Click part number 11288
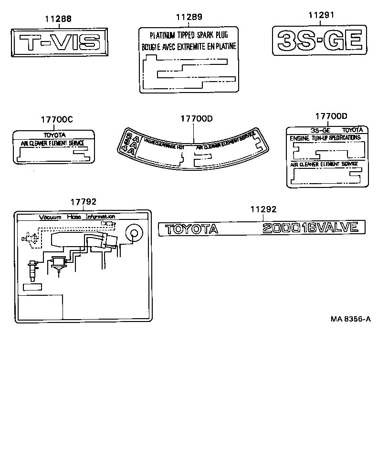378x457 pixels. [x=58, y=19]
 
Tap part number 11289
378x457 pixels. [x=189, y=17]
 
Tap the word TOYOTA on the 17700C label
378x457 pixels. [x=54, y=135]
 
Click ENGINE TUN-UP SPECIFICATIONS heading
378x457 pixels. [x=325, y=137]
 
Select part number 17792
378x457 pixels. [x=84, y=202]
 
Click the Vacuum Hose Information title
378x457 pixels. [x=77, y=217]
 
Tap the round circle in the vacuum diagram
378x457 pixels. [x=134, y=233]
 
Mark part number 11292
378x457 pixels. [x=263, y=208]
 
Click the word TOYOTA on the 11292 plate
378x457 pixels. [x=191, y=229]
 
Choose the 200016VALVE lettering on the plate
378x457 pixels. [x=310, y=228]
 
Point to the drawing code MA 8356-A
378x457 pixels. [x=350, y=319]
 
